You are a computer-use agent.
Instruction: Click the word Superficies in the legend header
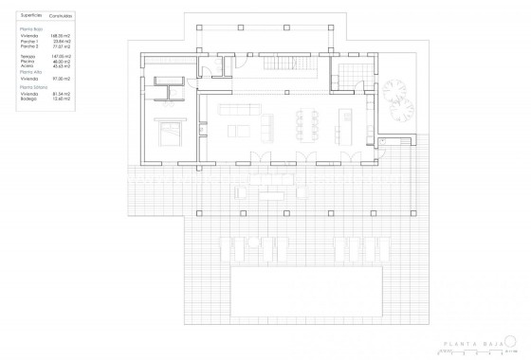point(28,16)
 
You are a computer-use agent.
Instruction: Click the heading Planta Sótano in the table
point(33,86)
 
